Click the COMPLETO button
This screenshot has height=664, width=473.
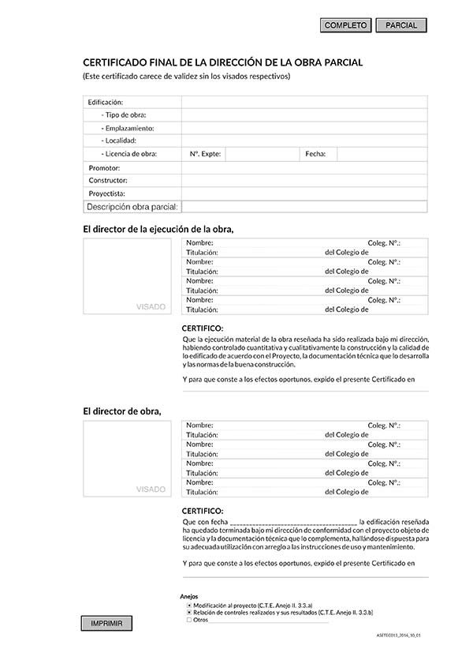click(346, 26)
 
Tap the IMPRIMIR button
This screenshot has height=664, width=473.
click(106, 624)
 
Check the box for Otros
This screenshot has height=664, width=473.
click(189, 620)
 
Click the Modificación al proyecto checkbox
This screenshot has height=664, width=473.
click(189, 604)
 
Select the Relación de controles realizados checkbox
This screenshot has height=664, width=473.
click(189, 612)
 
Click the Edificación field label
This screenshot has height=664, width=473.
click(106, 103)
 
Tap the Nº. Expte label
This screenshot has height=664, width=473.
click(205, 154)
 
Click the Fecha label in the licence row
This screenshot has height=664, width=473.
click(315, 154)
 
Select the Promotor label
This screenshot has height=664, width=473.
click(104, 168)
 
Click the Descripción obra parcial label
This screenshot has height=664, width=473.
click(132, 207)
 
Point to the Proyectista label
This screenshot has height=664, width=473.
click(107, 193)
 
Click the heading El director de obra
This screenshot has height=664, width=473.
click(122, 411)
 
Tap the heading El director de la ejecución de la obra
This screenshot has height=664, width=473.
click(158, 229)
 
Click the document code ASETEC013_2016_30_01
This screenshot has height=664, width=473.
click(404, 634)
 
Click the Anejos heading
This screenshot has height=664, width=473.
click(189, 596)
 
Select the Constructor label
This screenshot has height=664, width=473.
click(108, 181)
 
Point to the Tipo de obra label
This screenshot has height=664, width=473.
click(124, 115)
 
